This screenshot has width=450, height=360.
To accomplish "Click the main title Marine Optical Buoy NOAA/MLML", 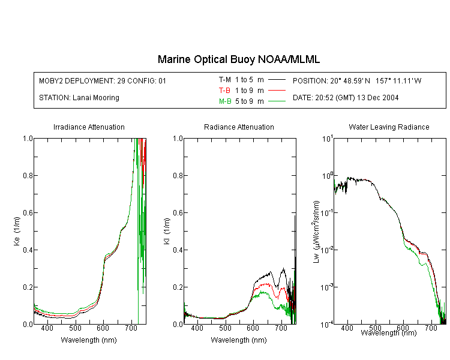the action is click(238, 59).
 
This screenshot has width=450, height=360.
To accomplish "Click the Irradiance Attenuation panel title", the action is click(89, 127).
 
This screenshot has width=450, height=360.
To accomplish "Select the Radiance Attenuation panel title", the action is click(239, 127).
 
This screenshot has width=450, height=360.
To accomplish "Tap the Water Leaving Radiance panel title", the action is click(389, 127).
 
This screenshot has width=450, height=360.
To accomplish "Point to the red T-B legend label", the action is click(224, 91).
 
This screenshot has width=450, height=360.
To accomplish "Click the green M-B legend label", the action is click(225, 101).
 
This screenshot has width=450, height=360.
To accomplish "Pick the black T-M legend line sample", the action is click(277, 80).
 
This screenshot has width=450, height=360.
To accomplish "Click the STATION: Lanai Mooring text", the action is click(79, 98).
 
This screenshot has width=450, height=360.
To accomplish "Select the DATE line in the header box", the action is click(346, 98).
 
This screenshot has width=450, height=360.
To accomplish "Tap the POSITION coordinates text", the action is click(357, 80).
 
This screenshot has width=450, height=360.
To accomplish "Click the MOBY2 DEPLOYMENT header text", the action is click(103, 80).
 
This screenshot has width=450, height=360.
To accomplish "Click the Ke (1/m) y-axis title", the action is click(17, 231).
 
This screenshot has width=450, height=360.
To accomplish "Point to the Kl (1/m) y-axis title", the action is click(167, 231).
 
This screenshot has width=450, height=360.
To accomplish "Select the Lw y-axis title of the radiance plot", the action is click(316, 232).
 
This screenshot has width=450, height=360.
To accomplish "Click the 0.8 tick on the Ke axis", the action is click(28, 175).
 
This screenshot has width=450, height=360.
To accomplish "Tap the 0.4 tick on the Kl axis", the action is click(178, 250).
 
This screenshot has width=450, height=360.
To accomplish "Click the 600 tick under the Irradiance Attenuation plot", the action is click(103, 328).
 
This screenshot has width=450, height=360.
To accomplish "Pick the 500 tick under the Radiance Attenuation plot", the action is click(225, 328).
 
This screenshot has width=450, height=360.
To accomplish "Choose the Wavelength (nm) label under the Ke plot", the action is click(89, 340).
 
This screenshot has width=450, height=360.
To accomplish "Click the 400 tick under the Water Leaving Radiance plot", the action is click(347, 328).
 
